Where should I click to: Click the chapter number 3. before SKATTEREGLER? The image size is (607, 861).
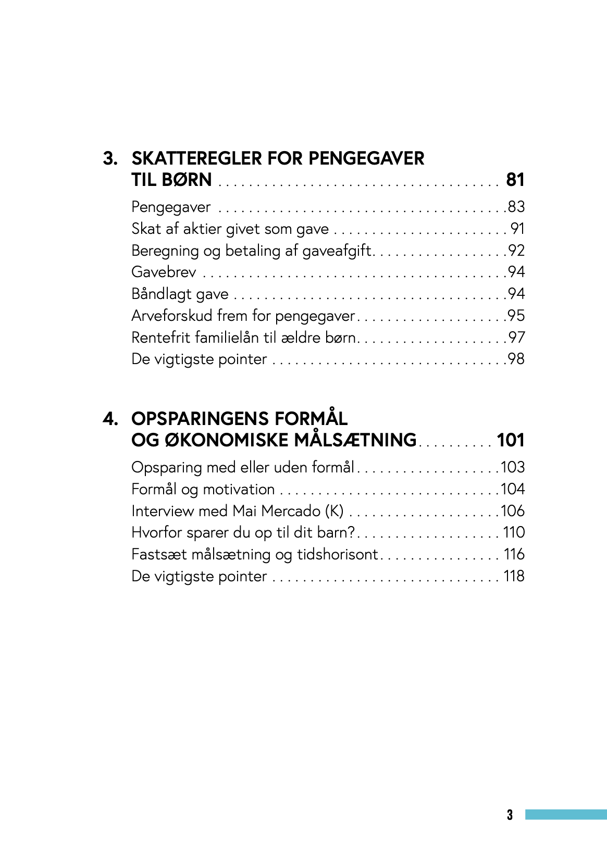pyautogui.click(x=110, y=158)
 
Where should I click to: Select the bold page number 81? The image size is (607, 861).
pyautogui.click(x=515, y=180)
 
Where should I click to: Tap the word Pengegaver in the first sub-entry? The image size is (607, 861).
pyautogui.click(x=171, y=207)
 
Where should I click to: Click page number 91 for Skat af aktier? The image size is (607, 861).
pyautogui.click(x=517, y=229)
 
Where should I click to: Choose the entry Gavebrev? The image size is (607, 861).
pyautogui.click(x=164, y=272)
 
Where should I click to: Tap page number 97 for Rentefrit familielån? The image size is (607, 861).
pyautogui.click(x=516, y=338)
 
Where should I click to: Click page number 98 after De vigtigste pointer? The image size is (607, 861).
pyautogui.click(x=516, y=359)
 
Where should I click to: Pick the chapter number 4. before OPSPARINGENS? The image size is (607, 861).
pyautogui.click(x=110, y=419)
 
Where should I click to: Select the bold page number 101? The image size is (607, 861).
pyautogui.click(x=511, y=440)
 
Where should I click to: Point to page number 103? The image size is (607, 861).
pyautogui.click(x=513, y=467)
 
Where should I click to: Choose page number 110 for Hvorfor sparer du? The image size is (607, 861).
pyautogui.click(x=514, y=533)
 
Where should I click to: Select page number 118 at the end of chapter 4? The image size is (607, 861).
pyautogui.click(x=514, y=576)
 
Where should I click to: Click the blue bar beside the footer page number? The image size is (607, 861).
pyautogui.click(x=566, y=815)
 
